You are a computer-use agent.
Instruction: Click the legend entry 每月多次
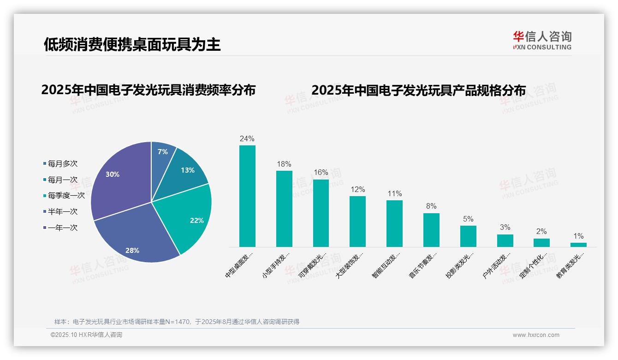(x=62, y=163)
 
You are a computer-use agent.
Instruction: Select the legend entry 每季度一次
(x=66, y=196)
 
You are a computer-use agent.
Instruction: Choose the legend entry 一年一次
(x=62, y=228)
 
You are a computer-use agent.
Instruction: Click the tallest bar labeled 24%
(x=247, y=196)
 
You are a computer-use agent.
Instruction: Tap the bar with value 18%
(x=284, y=209)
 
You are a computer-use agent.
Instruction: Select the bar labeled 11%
(x=394, y=223)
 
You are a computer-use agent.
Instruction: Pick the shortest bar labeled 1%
(x=578, y=245)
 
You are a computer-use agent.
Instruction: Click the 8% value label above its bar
(x=431, y=206)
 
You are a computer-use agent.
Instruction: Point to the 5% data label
(x=468, y=219)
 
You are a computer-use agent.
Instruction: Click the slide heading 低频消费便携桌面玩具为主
(x=132, y=44)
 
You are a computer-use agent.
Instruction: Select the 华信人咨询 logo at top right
(x=542, y=40)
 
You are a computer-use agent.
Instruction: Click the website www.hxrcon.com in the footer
(x=536, y=335)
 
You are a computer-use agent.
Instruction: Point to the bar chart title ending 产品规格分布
(x=418, y=90)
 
